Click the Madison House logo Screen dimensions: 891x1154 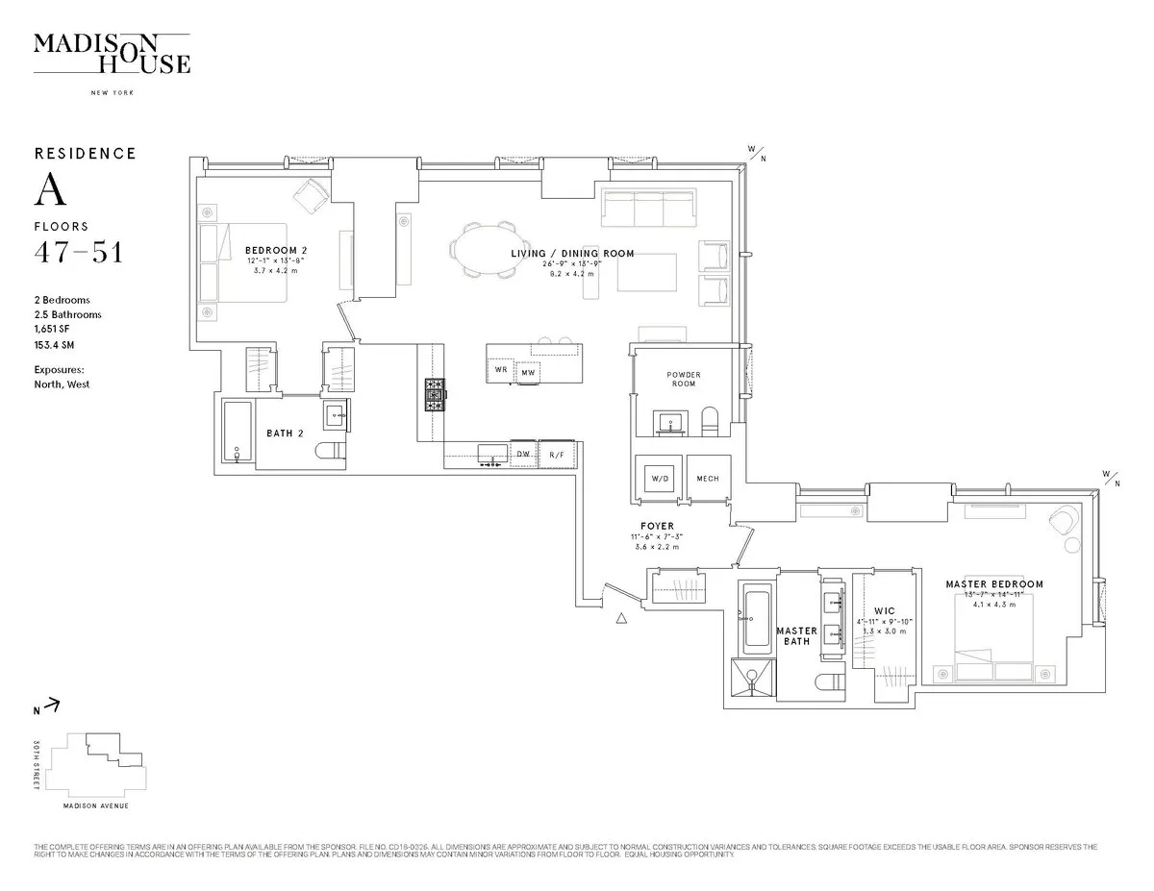(x=112, y=54)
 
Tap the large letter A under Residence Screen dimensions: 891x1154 (x=51, y=190)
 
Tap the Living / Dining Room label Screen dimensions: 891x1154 (x=571, y=254)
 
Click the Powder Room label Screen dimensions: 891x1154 (x=684, y=379)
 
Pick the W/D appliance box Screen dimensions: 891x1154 (x=660, y=478)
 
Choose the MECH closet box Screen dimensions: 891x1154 (x=708, y=478)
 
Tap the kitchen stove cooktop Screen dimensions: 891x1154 (x=436, y=394)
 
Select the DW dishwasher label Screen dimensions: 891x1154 (x=523, y=454)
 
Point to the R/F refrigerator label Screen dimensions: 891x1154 (x=557, y=454)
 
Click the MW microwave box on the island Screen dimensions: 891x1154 (x=528, y=372)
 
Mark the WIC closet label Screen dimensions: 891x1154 (x=885, y=610)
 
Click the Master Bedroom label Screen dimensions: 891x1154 (x=993, y=584)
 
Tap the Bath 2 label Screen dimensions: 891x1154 (x=285, y=433)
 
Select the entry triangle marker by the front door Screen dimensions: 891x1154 (x=623, y=618)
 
